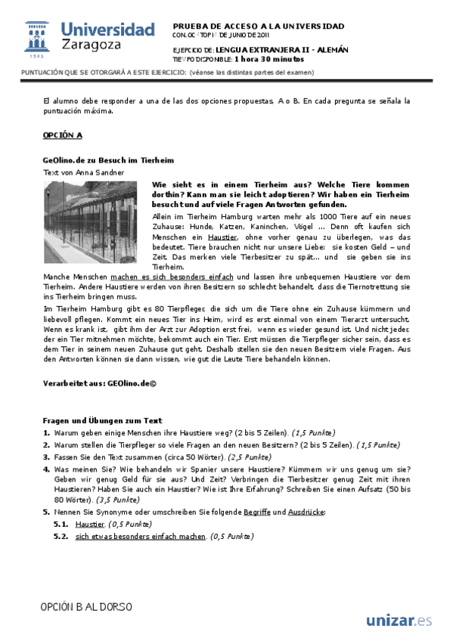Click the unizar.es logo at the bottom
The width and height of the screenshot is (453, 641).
tap(399, 621)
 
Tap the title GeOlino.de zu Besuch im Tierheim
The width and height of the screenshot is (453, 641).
tap(108, 160)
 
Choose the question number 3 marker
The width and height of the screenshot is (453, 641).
tap(47, 457)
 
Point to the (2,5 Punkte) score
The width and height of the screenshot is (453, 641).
tap(247, 457)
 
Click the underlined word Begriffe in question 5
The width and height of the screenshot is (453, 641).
tap(258, 512)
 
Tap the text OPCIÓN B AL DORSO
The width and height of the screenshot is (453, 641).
tap(87, 607)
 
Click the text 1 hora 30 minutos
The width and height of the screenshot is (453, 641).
tap(269, 58)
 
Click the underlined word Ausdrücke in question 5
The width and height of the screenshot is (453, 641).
tap(306, 512)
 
